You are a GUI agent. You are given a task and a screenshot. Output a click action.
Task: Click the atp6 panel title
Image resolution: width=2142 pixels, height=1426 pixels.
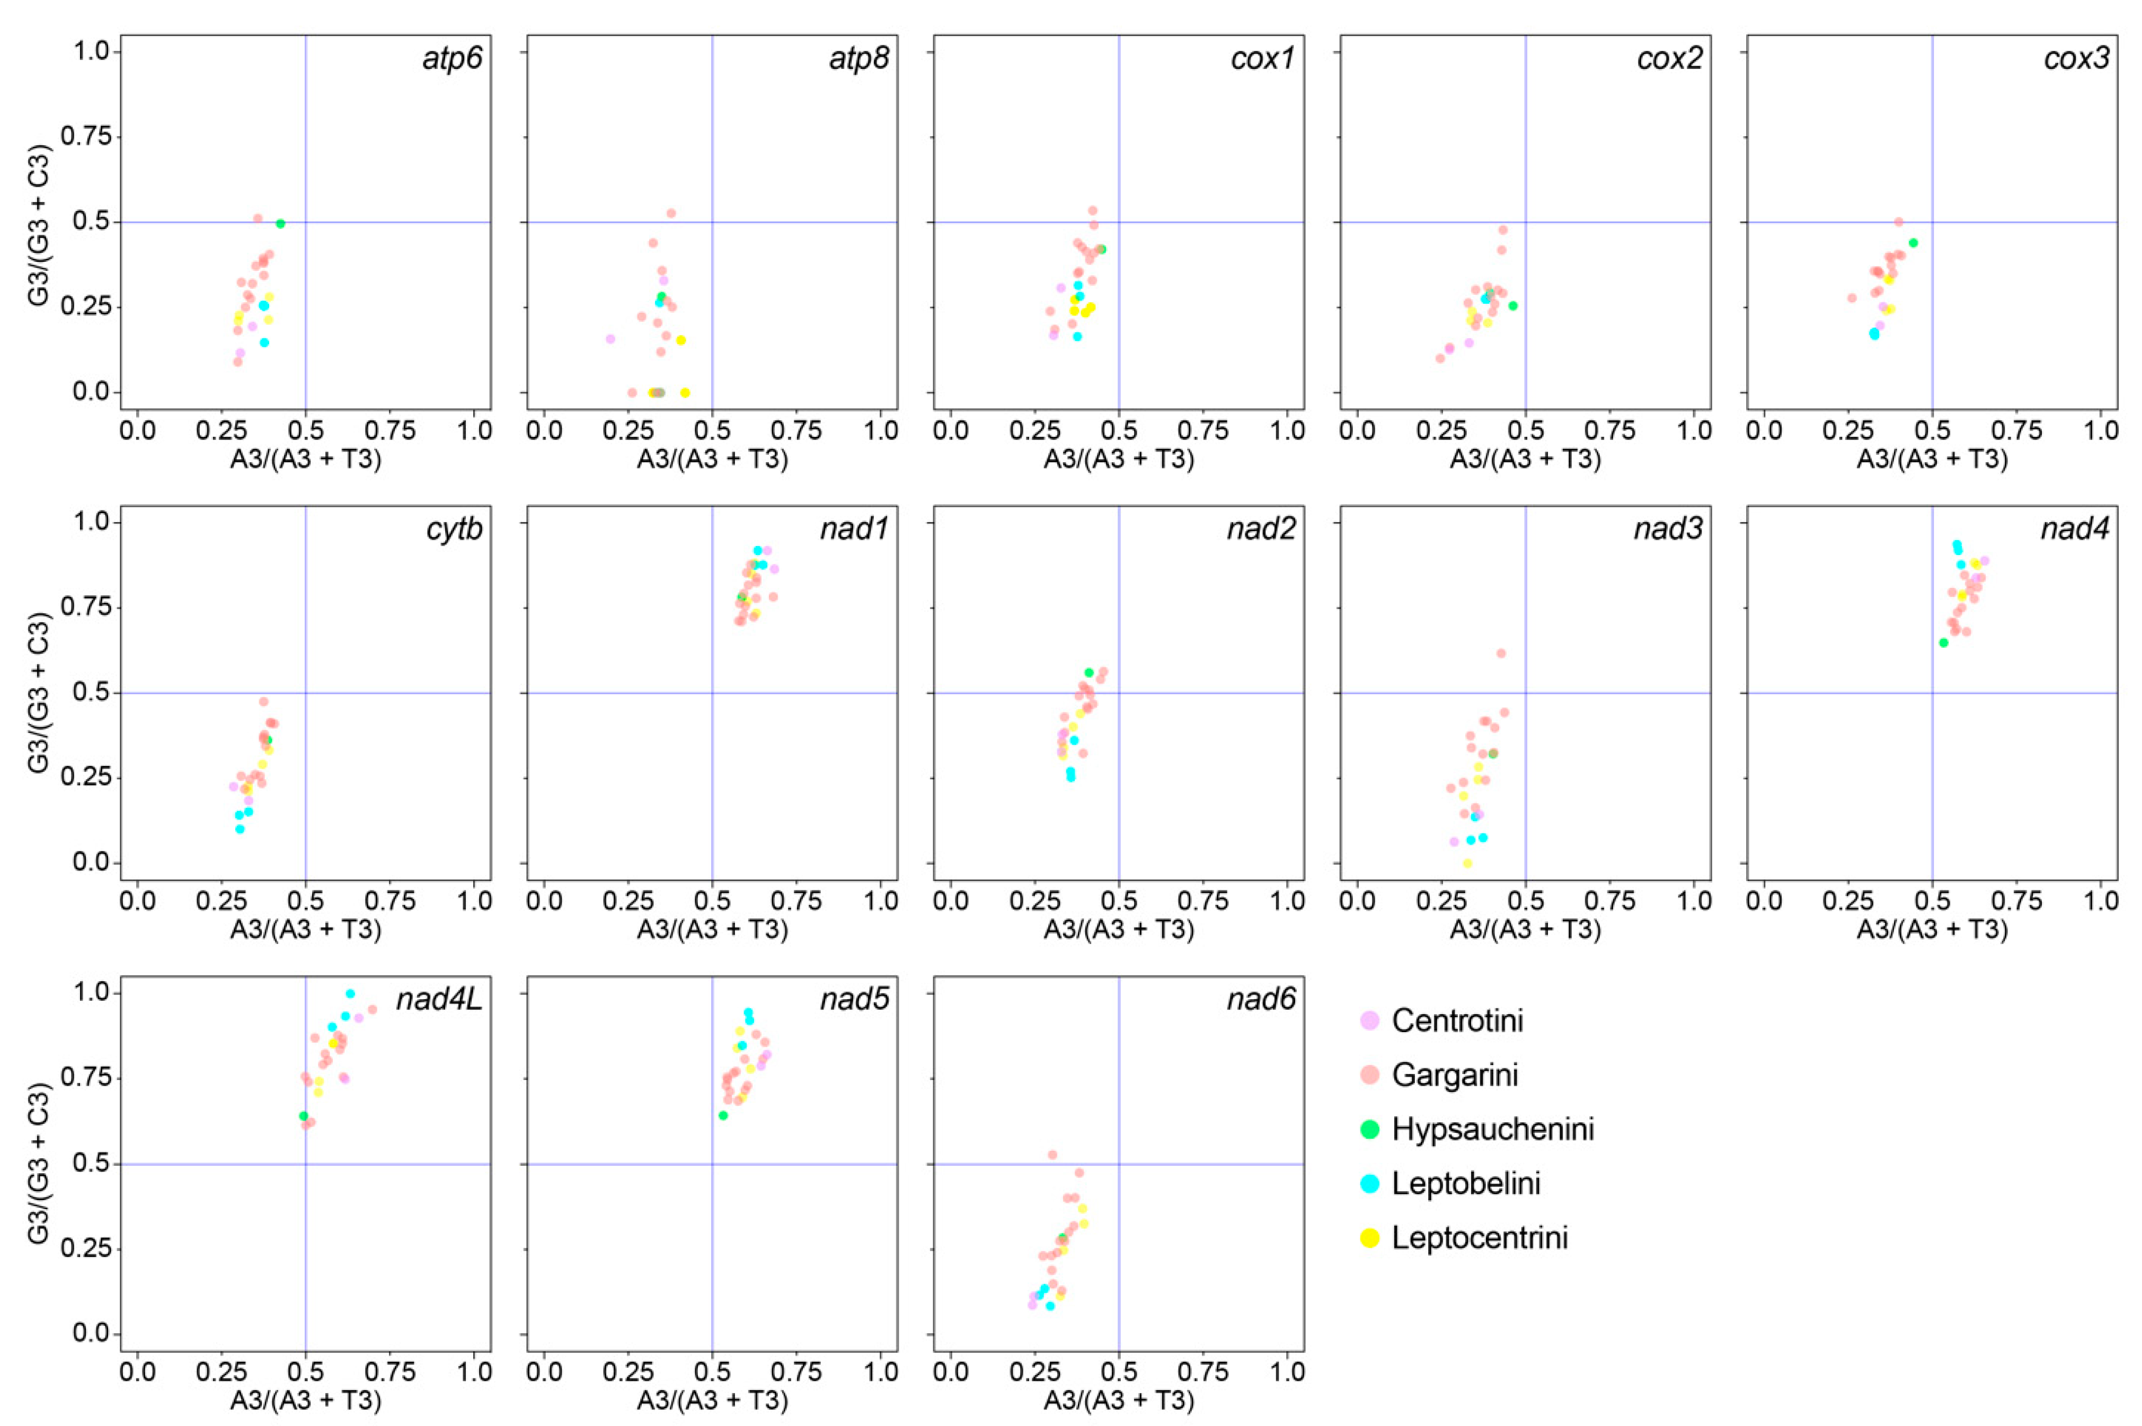[x=452, y=59]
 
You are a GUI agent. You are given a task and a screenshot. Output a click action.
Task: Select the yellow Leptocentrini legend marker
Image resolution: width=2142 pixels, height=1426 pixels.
[x=1369, y=1238]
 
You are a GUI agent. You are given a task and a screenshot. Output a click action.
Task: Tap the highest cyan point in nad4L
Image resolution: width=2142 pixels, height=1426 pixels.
[x=350, y=994]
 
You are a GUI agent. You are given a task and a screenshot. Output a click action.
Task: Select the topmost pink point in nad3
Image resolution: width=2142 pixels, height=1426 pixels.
[x=1501, y=654]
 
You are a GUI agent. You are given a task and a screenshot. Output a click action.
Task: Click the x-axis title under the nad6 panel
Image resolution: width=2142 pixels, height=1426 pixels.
[x=1118, y=1401]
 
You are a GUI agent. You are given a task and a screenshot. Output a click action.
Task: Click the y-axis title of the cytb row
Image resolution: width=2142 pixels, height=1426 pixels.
[x=38, y=693]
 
